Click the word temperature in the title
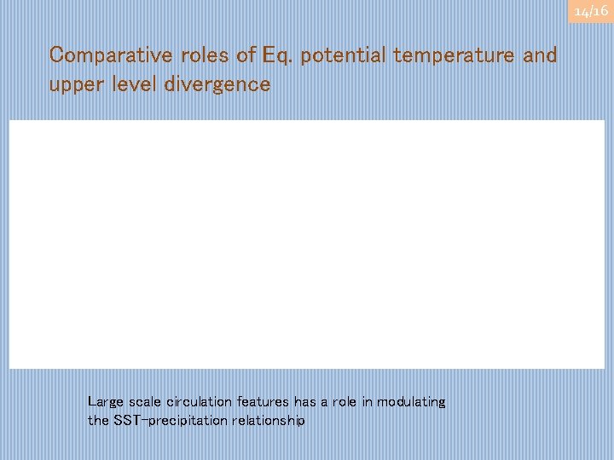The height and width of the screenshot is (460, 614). [x=457, y=56]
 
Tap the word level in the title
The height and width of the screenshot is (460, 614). [x=135, y=84]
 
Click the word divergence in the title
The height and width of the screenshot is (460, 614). [x=217, y=85]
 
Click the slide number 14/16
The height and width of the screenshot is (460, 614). [x=590, y=11]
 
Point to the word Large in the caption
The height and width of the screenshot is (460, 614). [x=105, y=402]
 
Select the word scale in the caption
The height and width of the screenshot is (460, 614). [x=145, y=402]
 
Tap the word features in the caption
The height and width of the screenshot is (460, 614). [x=265, y=402]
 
